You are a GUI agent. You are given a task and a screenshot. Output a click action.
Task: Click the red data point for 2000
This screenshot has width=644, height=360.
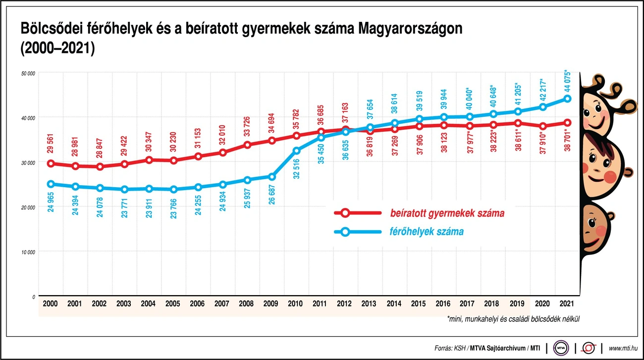(x=51, y=163)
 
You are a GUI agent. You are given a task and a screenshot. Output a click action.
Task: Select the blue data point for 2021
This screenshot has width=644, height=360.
(x=568, y=99)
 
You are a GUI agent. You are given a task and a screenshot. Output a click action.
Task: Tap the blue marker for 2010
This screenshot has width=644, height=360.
(x=296, y=151)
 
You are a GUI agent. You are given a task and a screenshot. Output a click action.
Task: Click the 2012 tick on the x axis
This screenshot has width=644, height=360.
(x=345, y=303)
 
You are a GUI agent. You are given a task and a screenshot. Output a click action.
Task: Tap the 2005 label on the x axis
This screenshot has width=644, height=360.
(x=172, y=303)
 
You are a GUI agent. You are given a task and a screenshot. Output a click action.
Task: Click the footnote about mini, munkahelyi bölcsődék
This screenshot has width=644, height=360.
(x=513, y=319)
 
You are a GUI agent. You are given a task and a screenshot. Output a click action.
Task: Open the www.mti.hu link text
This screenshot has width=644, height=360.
(x=623, y=348)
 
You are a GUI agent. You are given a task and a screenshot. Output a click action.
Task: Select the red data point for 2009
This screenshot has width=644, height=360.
(x=271, y=141)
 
